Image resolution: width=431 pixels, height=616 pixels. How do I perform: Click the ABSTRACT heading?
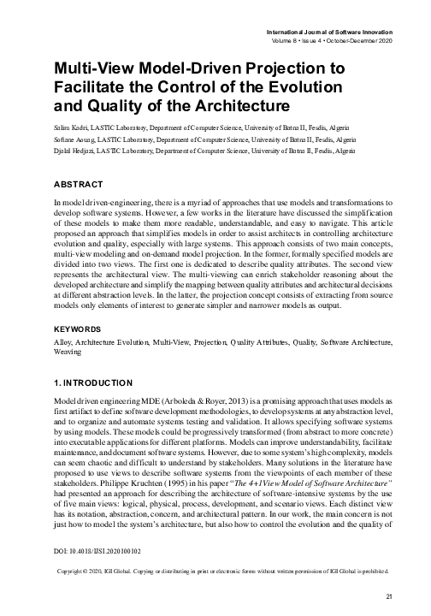(79, 184)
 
